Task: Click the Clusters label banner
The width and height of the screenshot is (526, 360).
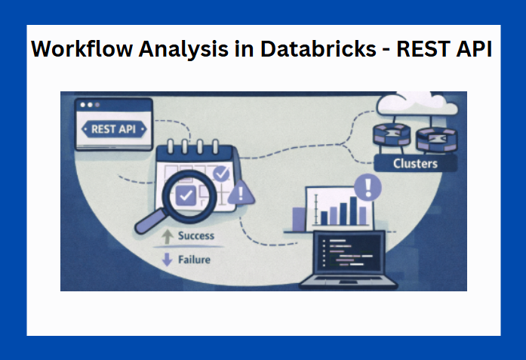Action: (x=415, y=163)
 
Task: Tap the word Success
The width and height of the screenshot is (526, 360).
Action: (x=196, y=236)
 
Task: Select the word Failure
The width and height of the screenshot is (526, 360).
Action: (x=195, y=260)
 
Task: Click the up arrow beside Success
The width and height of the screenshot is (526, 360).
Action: (x=168, y=237)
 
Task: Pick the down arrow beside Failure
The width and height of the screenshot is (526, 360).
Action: (x=168, y=260)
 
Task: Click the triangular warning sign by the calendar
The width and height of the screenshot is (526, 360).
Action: (x=241, y=194)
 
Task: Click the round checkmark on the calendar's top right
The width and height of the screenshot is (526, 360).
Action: (x=220, y=174)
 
